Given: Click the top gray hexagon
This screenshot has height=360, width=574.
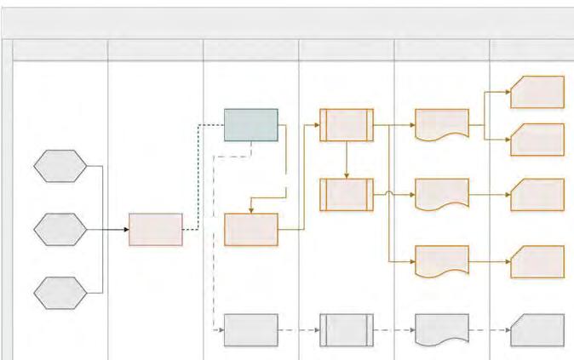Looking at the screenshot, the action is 60,166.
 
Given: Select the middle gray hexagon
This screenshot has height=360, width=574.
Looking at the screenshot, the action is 60,230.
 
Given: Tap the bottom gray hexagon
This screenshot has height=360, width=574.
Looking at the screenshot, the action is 60,293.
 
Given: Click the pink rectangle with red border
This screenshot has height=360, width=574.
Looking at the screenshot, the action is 156,230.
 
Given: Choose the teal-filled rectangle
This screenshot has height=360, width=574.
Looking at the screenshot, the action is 250,125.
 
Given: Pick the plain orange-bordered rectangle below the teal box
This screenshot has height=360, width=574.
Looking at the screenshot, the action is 250,230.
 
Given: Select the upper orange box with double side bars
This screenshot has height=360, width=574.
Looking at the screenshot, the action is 347,125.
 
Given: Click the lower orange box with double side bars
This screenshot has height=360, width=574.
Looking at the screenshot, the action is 347,194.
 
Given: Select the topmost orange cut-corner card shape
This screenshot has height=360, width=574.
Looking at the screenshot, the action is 537,92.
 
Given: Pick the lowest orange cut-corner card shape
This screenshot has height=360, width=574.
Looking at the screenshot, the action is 537,262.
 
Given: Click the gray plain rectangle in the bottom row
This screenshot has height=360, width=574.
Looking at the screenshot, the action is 250,330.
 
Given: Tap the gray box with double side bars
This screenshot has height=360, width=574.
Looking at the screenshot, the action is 347,330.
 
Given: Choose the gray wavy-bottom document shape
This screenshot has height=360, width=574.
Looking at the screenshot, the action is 442,329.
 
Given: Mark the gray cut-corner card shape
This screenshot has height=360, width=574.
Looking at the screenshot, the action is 537,330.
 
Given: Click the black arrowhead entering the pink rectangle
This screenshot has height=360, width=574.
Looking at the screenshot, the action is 125,230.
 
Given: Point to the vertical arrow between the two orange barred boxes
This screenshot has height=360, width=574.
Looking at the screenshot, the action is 347,160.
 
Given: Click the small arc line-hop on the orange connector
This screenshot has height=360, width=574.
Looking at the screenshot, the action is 388,194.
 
